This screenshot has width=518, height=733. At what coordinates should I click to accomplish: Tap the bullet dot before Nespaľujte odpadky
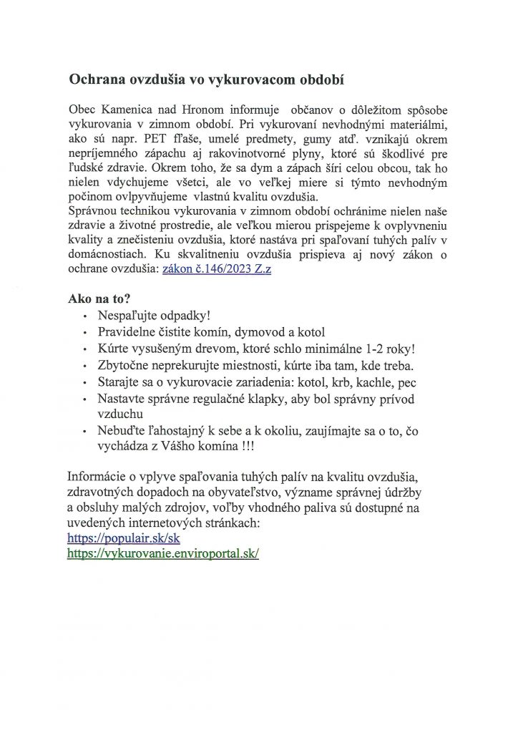[87, 316]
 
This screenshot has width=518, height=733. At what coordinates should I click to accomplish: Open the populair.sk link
[123, 538]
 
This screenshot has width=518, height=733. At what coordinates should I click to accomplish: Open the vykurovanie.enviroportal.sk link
[162, 553]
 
